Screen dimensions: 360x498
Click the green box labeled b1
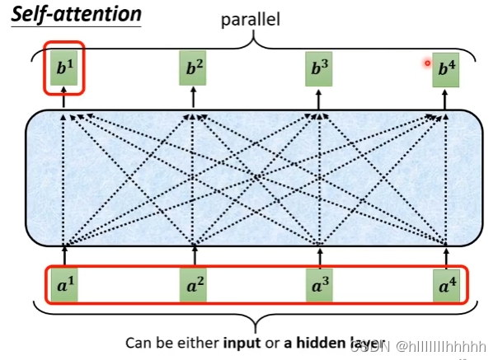(x=63, y=69)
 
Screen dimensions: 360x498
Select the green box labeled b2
(x=193, y=69)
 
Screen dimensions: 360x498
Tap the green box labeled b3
(x=319, y=69)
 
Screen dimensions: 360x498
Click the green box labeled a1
(x=64, y=286)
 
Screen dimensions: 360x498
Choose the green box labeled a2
(x=194, y=286)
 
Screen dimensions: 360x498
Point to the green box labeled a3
(x=320, y=286)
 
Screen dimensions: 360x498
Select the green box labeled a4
(x=446, y=286)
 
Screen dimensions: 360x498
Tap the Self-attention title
(x=77, y=15)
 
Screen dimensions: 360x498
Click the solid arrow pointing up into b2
(x=194, y=98)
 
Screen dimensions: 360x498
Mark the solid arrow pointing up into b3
(x=320, y=98)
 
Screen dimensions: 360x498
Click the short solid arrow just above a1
(x=64, y=255)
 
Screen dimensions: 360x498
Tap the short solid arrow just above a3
(x=320, y=255)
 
